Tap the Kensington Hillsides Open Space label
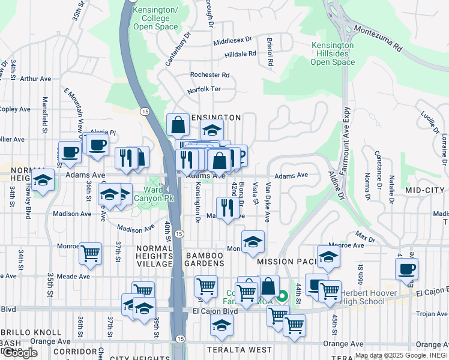point(333,53)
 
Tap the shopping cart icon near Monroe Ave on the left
point(90,253)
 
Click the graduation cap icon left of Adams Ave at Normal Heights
point(43,180)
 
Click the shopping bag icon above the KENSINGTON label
point(178,125)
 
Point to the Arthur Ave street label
point(35,79)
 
